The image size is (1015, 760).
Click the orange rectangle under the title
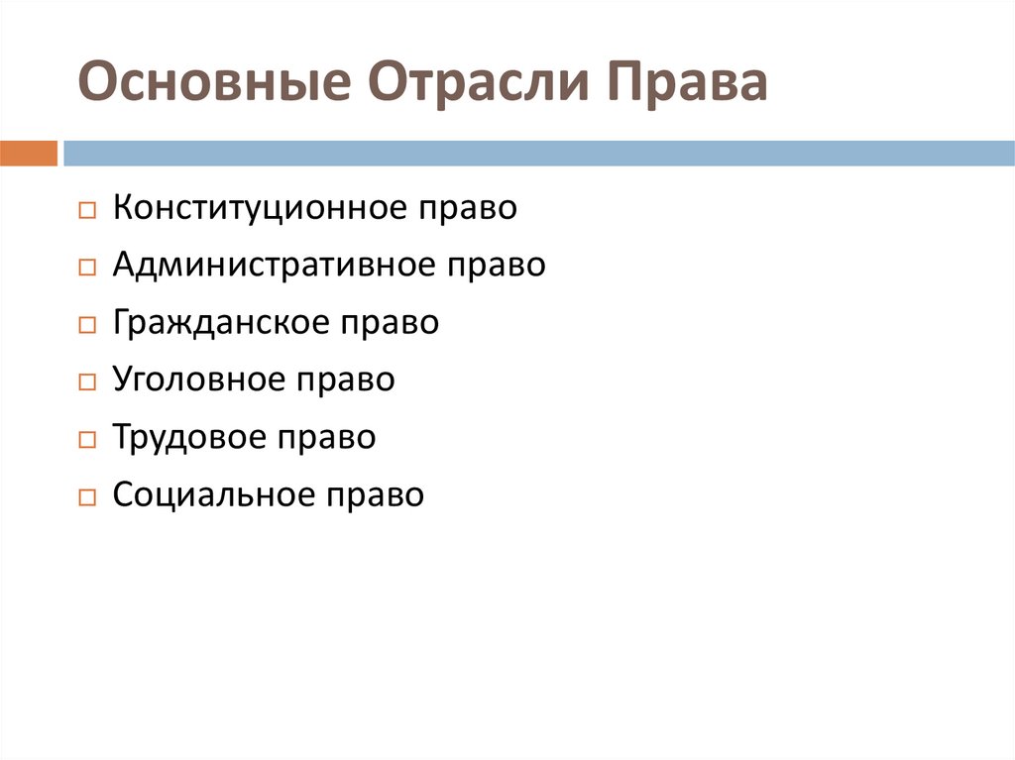[x=29, y=154]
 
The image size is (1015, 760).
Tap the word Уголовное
[x=198, y=380]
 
